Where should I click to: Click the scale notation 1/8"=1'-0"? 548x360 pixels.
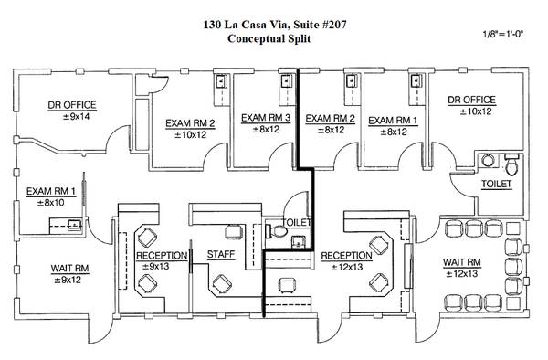(503, 34)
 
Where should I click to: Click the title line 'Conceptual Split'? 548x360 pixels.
(269, 38)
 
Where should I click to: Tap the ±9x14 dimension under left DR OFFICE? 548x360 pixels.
(76, 117)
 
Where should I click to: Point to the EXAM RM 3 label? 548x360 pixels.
(266, 118)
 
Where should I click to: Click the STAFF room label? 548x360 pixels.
(221, 254)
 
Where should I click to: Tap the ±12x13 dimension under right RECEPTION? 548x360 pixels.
(347, 268)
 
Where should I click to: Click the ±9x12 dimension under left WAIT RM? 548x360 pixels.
(68, 280)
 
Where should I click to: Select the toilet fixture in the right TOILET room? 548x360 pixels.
(511, 164)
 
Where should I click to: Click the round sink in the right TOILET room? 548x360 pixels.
(488, 161)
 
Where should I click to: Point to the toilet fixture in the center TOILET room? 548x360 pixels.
(276, 231)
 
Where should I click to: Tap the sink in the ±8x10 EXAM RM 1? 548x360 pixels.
(75, 225)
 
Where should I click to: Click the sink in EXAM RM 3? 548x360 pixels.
(287, 81)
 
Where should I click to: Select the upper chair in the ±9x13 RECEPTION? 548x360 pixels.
(147, 238)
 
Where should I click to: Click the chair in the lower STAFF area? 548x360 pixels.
(222, 283)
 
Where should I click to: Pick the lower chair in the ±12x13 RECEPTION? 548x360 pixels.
(379, 282)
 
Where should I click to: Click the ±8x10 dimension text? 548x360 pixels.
(51, 203)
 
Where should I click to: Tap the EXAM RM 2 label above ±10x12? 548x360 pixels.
(190, 123)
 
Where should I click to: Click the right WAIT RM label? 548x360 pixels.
(461, 262)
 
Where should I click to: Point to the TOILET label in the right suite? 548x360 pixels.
(496, 184)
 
